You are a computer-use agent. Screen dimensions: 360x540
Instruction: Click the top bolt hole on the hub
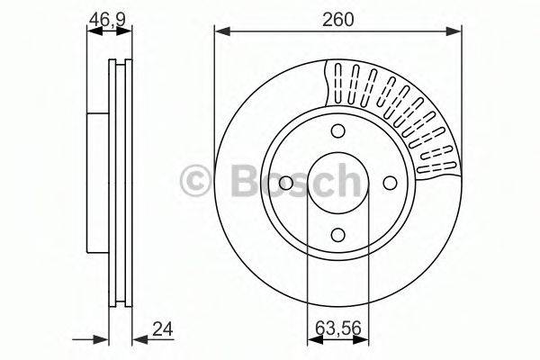click(x=337, y=130)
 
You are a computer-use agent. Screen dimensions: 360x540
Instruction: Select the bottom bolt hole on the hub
click(x=337, y=235)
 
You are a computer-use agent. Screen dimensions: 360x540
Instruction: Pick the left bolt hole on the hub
click(x=284, y=183)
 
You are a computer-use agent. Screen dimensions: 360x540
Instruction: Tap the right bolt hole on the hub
click(x=390, y=183)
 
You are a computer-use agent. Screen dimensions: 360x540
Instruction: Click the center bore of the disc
click(x=337, y=183)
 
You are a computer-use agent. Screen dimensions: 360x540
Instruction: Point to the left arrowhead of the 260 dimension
click(x=220, y=33)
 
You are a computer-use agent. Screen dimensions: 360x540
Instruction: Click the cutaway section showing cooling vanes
click(x=396, y=108)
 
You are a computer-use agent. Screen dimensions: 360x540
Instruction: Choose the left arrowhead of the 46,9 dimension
click(x=91, y=33)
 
